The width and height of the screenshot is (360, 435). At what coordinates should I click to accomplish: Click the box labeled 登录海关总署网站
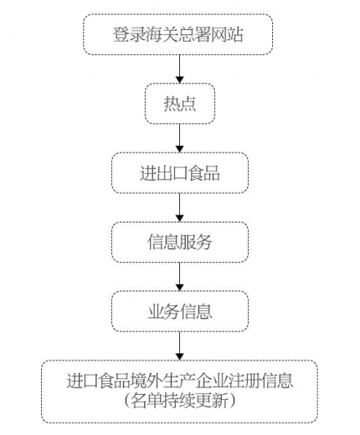point(179,34)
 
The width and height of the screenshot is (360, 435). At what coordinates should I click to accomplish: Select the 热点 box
point(179,104)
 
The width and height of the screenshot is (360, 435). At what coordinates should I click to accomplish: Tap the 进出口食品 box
point(179,173)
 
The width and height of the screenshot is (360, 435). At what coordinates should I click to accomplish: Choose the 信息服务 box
point(179,243)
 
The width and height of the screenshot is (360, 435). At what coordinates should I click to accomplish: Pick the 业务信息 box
point(179,312)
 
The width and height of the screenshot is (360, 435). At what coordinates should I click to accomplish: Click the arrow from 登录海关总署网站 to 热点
point(179,69)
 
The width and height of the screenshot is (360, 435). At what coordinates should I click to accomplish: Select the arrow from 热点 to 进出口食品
point(179,138)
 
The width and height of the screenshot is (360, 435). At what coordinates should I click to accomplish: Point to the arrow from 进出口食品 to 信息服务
point(179,207)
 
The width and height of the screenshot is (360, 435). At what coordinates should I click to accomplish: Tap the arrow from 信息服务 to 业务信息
point(179,277)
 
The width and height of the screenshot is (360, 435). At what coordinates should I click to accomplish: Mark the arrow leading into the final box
point(179,346)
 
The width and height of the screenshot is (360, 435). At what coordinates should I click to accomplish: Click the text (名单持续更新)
point(179,402)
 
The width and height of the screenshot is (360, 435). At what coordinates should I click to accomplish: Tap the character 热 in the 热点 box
point(171,105)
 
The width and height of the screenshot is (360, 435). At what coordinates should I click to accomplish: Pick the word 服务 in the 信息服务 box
point(196,243)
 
